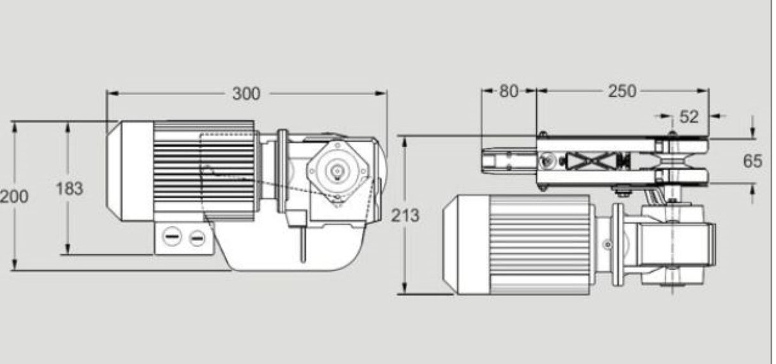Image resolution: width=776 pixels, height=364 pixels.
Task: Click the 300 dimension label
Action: point(246,93)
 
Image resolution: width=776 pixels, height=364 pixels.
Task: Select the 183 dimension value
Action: point(68,189)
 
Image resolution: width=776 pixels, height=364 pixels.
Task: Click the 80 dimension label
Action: point(509,91)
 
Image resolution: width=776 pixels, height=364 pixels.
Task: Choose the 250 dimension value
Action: point(622,91)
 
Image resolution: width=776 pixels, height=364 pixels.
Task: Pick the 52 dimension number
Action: point(688,116)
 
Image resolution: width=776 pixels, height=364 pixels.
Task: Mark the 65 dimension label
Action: point(752,161)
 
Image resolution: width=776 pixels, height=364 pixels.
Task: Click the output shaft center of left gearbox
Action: point(336,170)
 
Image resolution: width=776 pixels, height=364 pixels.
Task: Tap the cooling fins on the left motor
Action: point(205,169)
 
